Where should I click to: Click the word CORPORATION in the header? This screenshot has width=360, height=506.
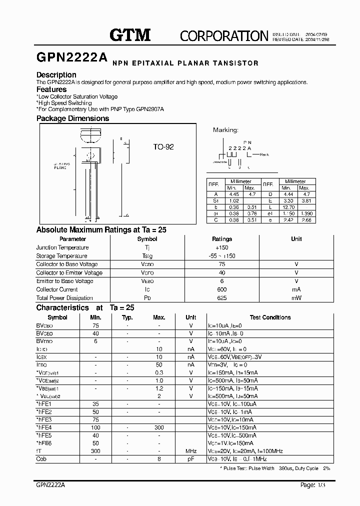click(224, 35)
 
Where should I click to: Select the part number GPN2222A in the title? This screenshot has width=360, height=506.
click(72, 58)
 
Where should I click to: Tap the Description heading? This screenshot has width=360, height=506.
click(56, 75)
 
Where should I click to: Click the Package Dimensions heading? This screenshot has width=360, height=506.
click(72, 118)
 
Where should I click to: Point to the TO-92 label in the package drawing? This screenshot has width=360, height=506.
click(163, 147)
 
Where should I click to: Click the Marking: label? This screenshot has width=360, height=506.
click(225, 130)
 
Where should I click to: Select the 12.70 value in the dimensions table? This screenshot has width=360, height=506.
click(288, 206)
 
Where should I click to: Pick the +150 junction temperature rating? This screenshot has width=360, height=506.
click(221, 247)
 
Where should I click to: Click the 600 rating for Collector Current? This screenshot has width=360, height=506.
click(222, 289)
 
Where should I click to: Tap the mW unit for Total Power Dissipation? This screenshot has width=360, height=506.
click(296, 298)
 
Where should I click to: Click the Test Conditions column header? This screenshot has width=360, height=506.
click(270, 317)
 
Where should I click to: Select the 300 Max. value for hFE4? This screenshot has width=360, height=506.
click(159, 427)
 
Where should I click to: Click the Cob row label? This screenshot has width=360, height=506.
click(41, 459)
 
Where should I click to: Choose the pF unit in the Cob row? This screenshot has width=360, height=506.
click(191, 459)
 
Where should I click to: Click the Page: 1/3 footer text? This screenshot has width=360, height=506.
click(316, 485)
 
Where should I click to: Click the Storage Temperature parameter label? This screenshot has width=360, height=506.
click(62, 256)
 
